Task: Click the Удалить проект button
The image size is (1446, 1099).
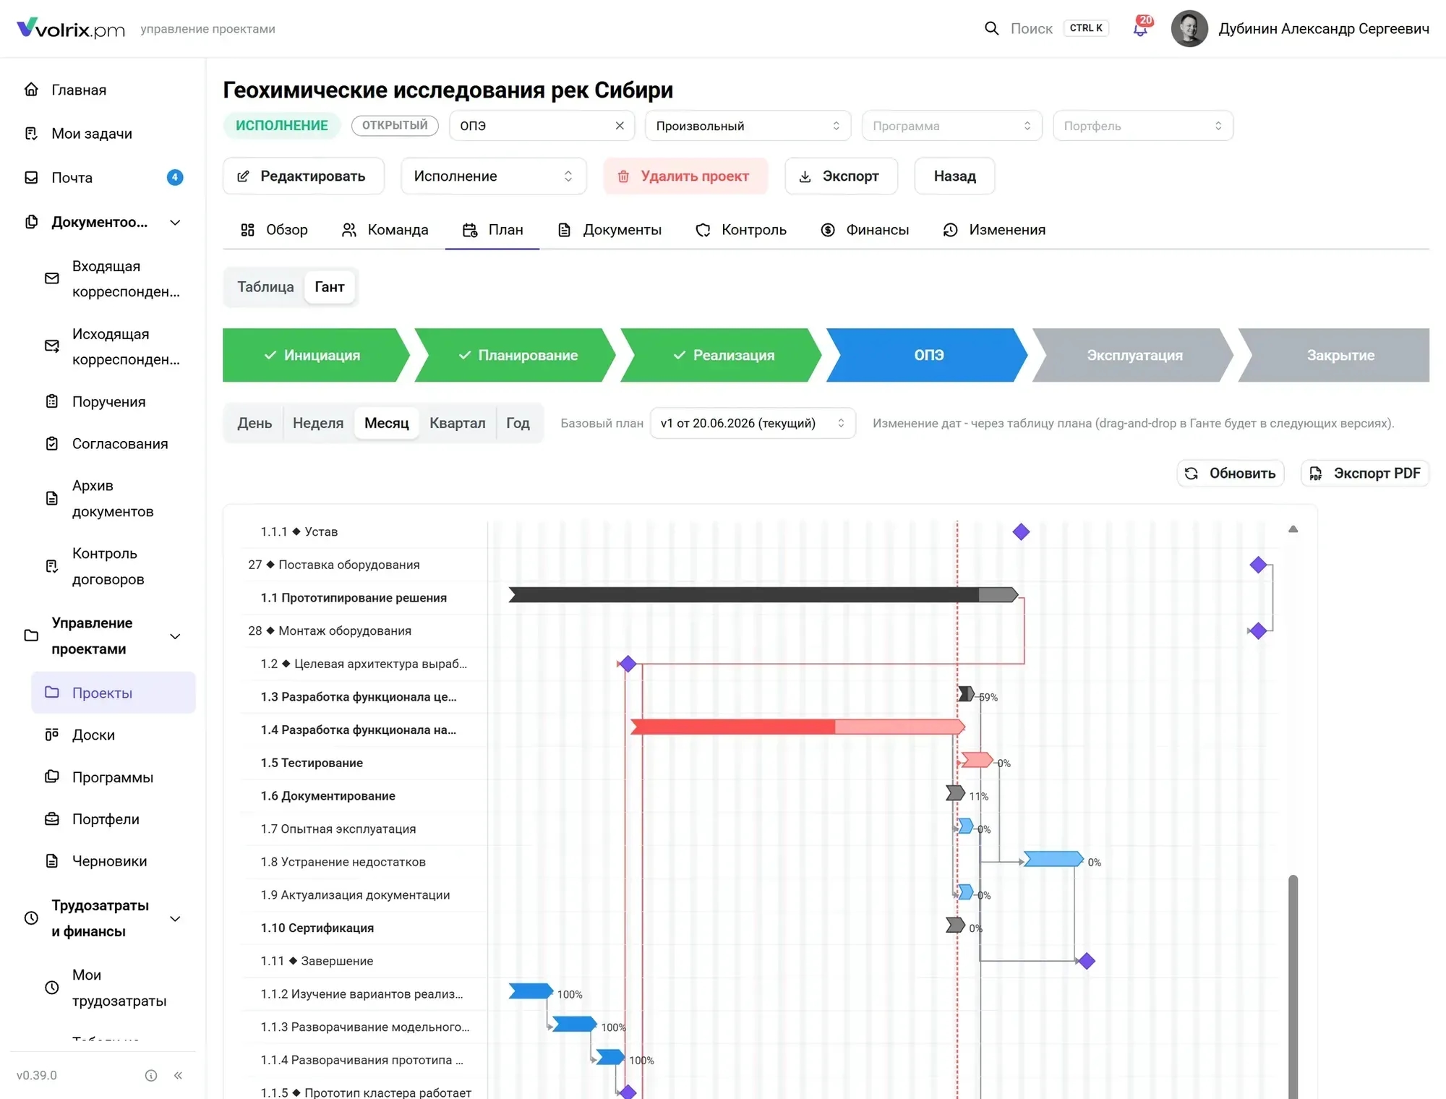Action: [x=685, y=176]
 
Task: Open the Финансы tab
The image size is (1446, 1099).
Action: [x=865, y=230]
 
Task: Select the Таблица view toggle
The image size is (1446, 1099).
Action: [x=265, y=287]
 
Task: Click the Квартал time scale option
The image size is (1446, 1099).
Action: [x=457, y=423]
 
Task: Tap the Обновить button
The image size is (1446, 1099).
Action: [x=1231, y=474]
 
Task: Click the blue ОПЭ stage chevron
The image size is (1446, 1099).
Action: [x=928, y=355]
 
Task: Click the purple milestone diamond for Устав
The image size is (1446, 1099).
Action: [x=1021, y=532]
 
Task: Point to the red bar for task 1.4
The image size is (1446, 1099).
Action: [x=797, y=727]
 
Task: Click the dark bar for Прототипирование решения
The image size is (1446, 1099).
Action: [x=763, y=595]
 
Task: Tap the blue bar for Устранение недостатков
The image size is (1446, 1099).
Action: [x=1053, y=859]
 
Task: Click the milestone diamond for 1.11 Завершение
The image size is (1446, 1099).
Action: [x=1086, y=961]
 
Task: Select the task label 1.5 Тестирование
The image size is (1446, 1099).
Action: [x=312, y=763]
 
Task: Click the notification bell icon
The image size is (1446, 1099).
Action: [x=1140, y=29]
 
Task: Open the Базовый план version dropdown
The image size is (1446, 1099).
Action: [x=753, y=424]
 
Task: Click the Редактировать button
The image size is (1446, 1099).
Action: [x=304, y=176]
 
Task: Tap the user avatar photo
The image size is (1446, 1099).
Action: [x=1189, y=29]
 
